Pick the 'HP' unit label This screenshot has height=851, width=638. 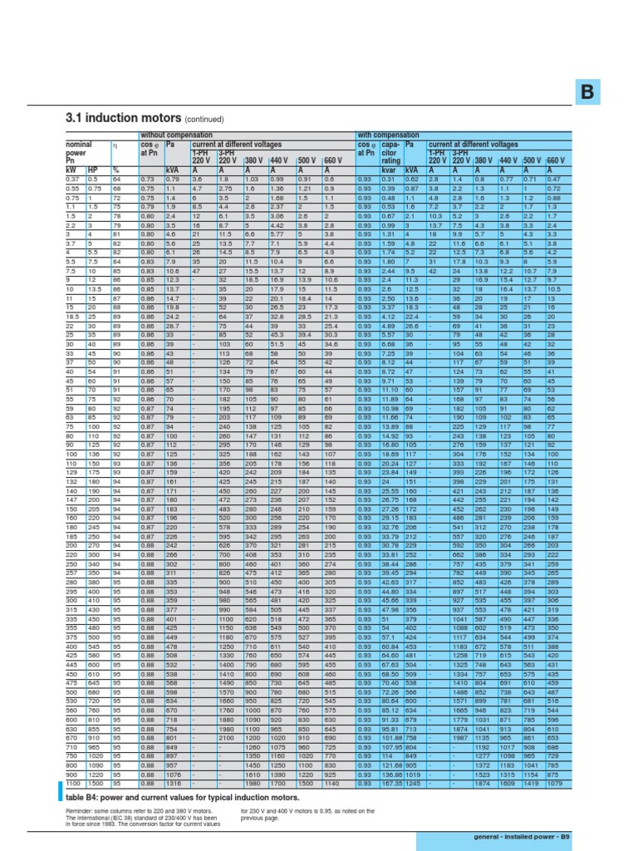pos(93,170)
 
